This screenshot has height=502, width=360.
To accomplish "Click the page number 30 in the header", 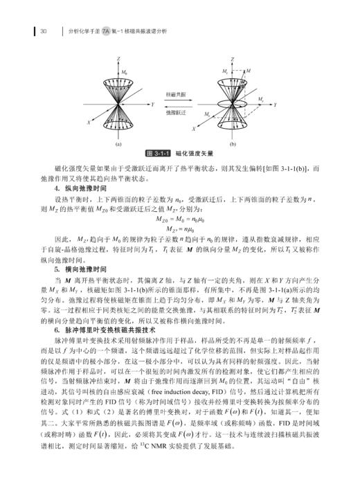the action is (44, 30).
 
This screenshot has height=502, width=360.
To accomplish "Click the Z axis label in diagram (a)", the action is (118, 60).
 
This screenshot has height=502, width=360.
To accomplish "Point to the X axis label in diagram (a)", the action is (89, 120).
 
